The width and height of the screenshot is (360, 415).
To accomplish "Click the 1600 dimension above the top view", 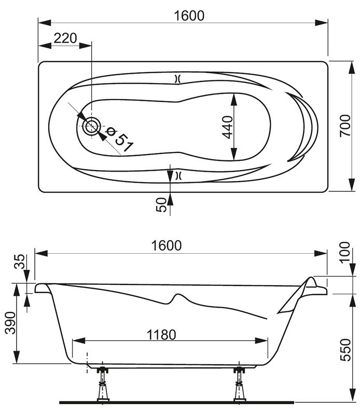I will pyautogui.click(x=189, y=16).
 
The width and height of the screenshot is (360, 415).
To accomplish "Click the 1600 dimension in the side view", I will pyautogui.click(x=167, y=245).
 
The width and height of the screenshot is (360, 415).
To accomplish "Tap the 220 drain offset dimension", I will pyautogui.click(x=65, y=38).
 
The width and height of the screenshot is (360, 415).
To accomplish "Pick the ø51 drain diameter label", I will pyautogui.click(x=117, y=137).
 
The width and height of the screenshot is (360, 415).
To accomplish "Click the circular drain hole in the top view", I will pyautogui.click(x=92, y=126).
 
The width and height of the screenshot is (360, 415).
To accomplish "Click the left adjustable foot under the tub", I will pyautogui.click(x=103, y=384).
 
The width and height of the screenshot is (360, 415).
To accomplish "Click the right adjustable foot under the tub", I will pyautogui.click(x=239, y=384).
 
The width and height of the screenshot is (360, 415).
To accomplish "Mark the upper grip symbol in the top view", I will pyautogui.click(x=177, y=79).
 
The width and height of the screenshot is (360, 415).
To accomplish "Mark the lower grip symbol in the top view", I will pyautogui.click(x=177, y=175).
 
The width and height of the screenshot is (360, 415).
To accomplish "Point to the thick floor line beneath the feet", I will pyautogui.click(x=176, y=402).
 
